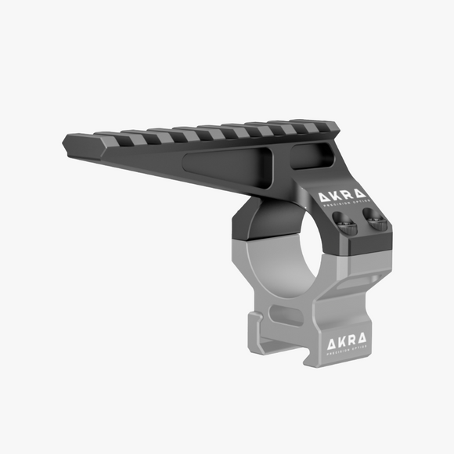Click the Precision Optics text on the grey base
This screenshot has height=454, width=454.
[346, 351]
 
